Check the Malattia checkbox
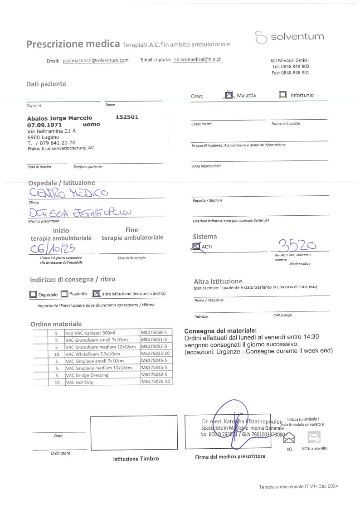229,95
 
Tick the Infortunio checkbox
283,95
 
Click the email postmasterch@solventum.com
96,61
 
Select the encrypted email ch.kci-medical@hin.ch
198,59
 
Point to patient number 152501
127,117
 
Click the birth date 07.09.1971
44,124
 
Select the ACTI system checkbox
196,247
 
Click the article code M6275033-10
156,354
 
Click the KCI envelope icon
289,438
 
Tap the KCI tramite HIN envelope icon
314,437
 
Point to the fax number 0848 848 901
295,73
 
